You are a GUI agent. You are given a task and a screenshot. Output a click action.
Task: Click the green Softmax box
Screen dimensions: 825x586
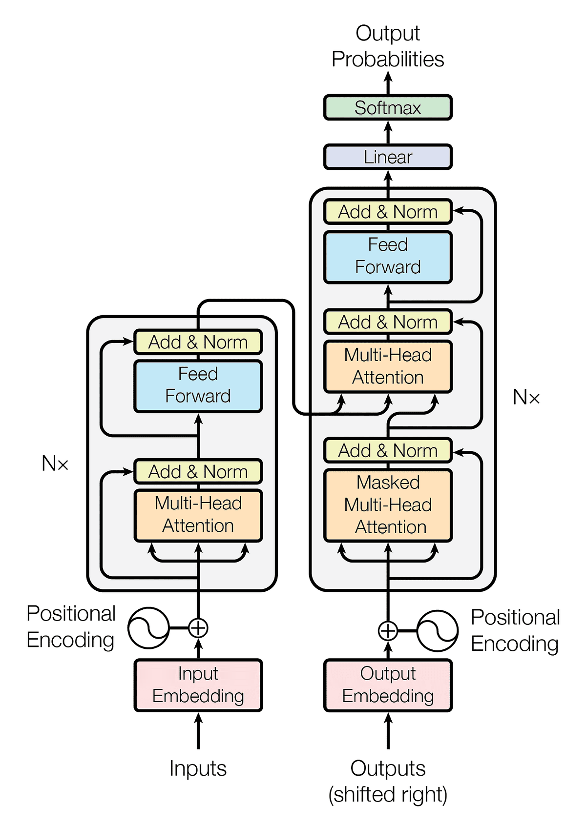click(x=388, y=108)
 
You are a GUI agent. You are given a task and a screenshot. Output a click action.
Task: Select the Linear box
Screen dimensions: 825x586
click(x=388, y=157)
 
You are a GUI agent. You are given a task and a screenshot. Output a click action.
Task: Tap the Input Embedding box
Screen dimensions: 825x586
click(x=198, y=685)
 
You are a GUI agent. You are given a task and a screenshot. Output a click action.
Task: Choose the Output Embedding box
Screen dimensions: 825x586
click(x=388, y=685)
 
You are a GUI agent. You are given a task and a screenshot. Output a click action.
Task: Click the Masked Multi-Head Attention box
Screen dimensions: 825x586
click(x=388, y=505)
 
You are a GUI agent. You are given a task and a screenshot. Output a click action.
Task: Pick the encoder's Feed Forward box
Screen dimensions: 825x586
click(x=198, y=385)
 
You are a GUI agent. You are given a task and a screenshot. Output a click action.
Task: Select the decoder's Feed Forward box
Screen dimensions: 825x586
click(x=388, y=257)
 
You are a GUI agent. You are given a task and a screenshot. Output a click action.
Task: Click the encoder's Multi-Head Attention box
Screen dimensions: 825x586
click(x=198, y=515)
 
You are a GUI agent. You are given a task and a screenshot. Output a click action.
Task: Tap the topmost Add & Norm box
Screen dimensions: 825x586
click(x=388, y=212)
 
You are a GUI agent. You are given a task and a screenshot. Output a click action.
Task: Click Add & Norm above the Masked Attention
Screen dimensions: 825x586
click(x=388, y=450)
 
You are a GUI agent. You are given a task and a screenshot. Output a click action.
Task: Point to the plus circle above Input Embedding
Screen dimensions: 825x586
click(x=198, y=628)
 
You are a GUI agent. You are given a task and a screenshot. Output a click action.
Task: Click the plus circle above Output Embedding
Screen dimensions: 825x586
click(x=388, y=631)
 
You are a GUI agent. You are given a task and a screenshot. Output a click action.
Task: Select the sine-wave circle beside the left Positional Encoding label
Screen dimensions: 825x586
click(x=148, y=628)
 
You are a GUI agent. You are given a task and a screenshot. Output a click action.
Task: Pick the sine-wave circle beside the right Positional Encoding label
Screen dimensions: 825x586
click(x=438, y=631)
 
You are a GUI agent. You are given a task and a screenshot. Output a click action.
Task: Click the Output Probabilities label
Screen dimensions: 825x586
click(x=388, y=46)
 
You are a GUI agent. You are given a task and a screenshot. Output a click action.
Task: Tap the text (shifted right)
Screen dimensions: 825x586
click(x=388, y=794)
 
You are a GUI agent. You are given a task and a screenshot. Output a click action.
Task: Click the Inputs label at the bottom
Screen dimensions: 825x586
click(x=198, y=768)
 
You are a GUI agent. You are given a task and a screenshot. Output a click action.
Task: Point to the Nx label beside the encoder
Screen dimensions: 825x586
click(x=55, y=463)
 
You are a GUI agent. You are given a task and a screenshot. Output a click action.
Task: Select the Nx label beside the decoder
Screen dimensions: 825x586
click(x=526, y=398)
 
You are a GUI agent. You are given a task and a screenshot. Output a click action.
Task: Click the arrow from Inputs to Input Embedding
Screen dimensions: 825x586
click(x=198, y=732)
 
